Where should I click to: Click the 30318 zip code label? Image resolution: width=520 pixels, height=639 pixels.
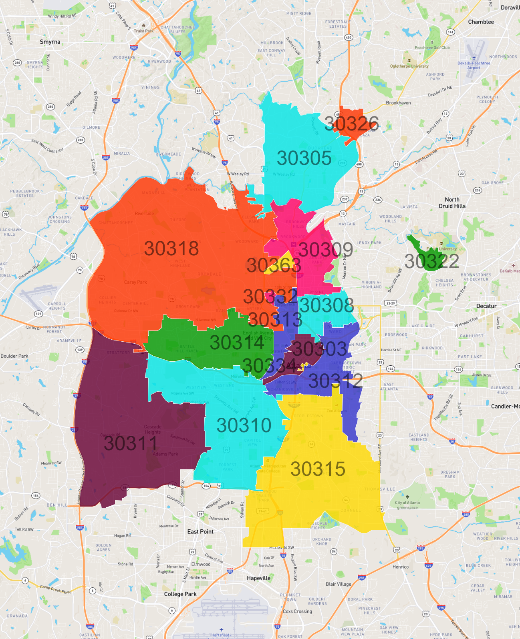pyautogui.click(x=171, y=248)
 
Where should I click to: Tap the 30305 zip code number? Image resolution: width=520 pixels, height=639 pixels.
pyautogui.click(x=304, y=158)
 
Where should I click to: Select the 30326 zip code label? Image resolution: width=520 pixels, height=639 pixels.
pyautogui.click(x=351, y=123)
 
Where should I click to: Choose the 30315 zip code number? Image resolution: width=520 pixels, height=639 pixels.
pyautogui.click(x=318, y=469)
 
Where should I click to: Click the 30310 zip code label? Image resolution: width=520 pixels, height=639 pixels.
pyautogui.click(x=244, y=425)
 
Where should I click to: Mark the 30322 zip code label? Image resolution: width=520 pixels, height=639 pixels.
pyautogui.click(x=431, y=261)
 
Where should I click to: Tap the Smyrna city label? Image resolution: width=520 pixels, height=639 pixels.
pyautogui.click(x=50, y=42)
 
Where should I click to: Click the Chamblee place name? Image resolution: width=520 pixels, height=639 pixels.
pyautogui.click(x=481, y=22)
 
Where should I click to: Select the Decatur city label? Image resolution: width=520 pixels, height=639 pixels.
pyautogui.click(x=486, y=306)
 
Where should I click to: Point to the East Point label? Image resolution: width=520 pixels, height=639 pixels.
pyautogui.click(x=200, y=531)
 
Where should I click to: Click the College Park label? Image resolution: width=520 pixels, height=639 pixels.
pyautogui.click(x=180, y=594)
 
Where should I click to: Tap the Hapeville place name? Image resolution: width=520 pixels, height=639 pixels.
pyautogui.click(x=258, y=578)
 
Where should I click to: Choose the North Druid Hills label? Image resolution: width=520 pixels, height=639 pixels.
pyautogui.click(x=452, y=202)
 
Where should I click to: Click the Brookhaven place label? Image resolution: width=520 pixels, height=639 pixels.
pyautogui.click(x=398, y=103)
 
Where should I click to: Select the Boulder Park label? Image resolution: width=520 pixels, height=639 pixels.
pyautogui.click(x=14, y=356)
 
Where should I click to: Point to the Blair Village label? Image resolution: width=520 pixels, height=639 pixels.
pyautogui.click(x=338, y=584)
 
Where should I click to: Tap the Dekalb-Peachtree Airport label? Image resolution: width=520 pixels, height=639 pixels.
pyautogui.click(x=474, y=65)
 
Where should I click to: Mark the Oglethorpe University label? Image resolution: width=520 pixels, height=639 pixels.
pyautogui.click(x=409, y=66)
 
